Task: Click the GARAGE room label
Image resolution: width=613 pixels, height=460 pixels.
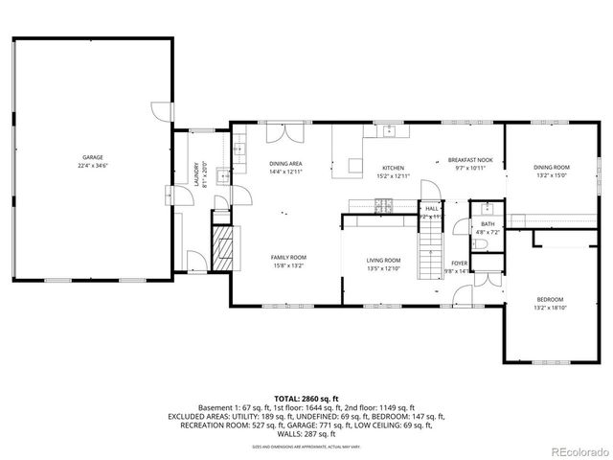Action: tap(92, 157)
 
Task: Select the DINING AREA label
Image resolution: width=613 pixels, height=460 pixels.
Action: tap(285, 164)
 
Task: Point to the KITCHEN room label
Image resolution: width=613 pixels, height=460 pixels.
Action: tap(394, 168)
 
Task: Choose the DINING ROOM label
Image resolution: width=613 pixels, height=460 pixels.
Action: tap(552, 168)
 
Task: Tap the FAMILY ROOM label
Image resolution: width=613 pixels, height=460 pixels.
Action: tap(287, 257)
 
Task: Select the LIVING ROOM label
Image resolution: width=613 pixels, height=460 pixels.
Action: tap(383, 260)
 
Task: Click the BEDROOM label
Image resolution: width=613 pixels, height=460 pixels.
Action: tap(549, 298)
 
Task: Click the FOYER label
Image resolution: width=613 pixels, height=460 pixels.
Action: tap(460, 263)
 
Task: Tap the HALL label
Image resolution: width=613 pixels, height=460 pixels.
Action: tap(431, 208)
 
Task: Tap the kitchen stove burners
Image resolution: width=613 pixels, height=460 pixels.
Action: tap(384, 203)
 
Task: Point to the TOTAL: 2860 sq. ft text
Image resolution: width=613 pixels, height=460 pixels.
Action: tap(306, 398)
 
